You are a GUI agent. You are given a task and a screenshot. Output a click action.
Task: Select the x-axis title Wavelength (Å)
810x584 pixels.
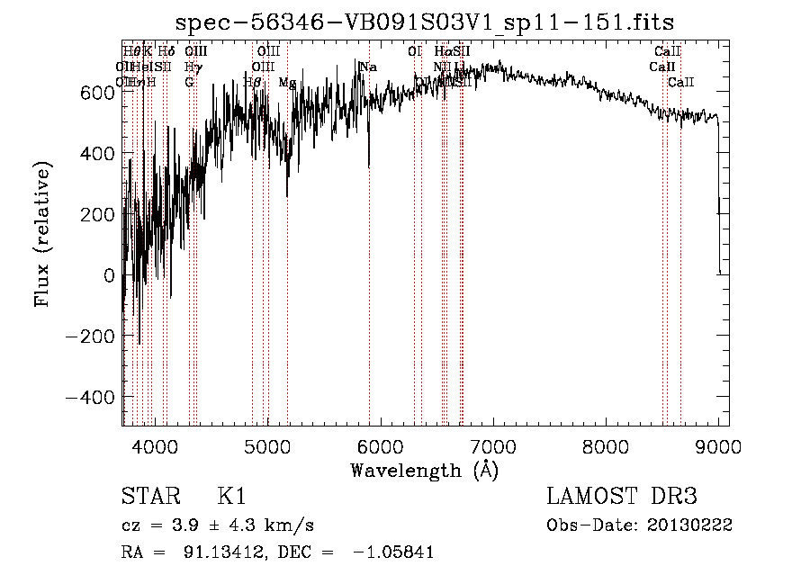[x=425, y=469]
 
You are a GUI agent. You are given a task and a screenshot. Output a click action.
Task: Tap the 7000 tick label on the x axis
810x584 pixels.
[x=493, y=445]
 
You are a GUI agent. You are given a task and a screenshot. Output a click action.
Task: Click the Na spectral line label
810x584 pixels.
[x=367, y=67]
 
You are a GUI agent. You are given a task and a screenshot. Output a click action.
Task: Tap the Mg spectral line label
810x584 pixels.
[x=286, y=83]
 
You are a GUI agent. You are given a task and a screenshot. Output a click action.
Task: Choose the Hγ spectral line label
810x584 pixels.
[x=192, y=67]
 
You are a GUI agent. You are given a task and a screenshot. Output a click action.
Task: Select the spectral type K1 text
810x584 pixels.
[x=232, y=497]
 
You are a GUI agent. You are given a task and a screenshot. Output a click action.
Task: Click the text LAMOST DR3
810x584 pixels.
[x=622, y=497]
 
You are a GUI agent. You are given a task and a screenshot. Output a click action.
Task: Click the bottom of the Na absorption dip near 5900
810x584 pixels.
[x=369, y=166]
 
